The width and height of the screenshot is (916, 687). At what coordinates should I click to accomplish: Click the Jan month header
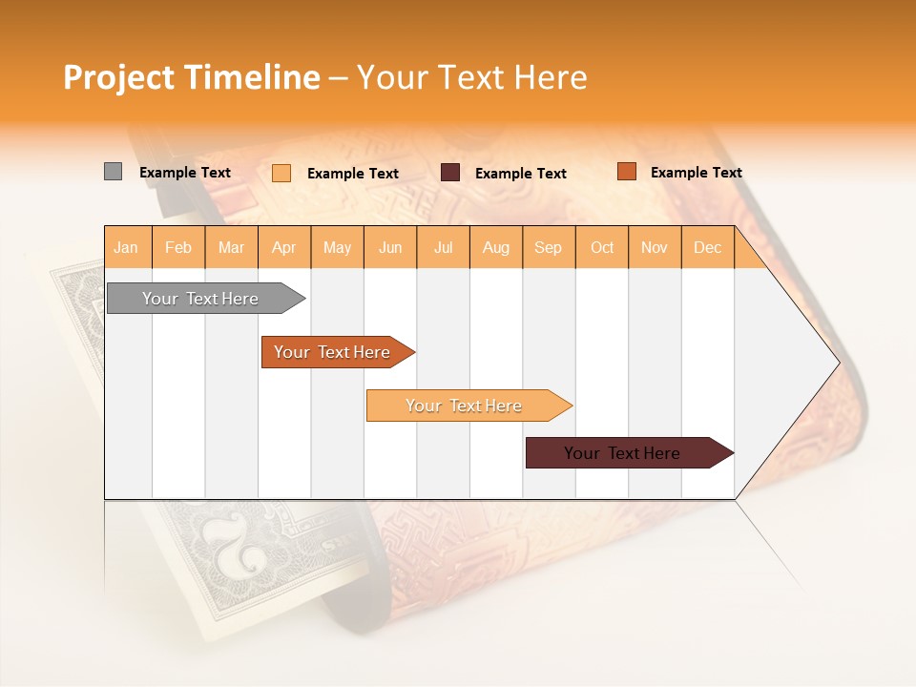click(x=127, y=247)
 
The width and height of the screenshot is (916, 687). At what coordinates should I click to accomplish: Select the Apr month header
click(x=284, y=247)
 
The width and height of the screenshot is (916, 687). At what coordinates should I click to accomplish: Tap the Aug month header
click(x=496, y=247)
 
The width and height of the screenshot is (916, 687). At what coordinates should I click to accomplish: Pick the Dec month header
click(x=708, y=247)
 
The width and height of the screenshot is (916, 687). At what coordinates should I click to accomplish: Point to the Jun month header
click(x=390, y=247)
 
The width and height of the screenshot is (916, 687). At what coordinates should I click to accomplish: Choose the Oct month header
click(x=602, y=247)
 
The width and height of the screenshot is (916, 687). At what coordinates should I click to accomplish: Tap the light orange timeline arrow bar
click(x=465, y=406)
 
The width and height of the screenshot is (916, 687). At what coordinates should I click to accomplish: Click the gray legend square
click(x=113, y=172)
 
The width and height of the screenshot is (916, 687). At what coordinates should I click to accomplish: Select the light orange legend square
click(x=281, y=173)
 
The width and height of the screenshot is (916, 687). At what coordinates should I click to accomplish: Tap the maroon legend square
click(x=450, y=173)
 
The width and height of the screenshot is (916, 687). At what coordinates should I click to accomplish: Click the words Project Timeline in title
click(x=192, y=77)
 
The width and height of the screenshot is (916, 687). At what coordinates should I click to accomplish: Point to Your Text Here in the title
click(x=471, y=77)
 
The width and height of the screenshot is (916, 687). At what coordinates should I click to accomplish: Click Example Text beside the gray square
click(x=185, y=173)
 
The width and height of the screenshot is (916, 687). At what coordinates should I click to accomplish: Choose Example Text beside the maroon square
click(x=521, y=174)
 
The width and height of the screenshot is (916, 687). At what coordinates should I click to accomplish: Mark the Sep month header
click(x=549, y=247)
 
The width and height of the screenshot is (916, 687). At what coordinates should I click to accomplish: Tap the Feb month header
click(x=178, y=247)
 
